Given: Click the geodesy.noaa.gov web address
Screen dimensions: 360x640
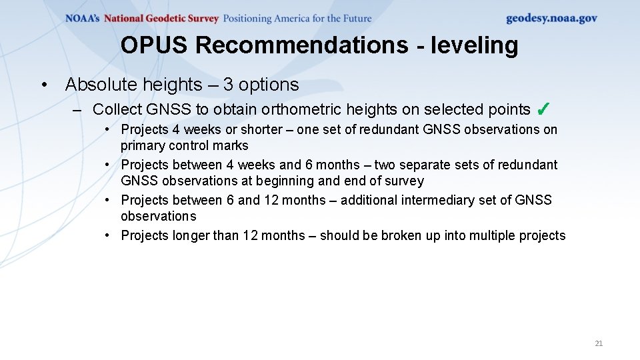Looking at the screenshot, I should [551, 18].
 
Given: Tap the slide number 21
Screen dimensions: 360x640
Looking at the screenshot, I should [598, 343].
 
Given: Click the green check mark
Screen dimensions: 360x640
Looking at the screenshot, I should [542, 109].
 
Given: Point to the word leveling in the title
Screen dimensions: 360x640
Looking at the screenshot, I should [475, 45].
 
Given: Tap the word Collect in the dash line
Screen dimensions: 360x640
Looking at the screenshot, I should [117, 109].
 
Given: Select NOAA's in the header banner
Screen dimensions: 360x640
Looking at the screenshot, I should [83, 19].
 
